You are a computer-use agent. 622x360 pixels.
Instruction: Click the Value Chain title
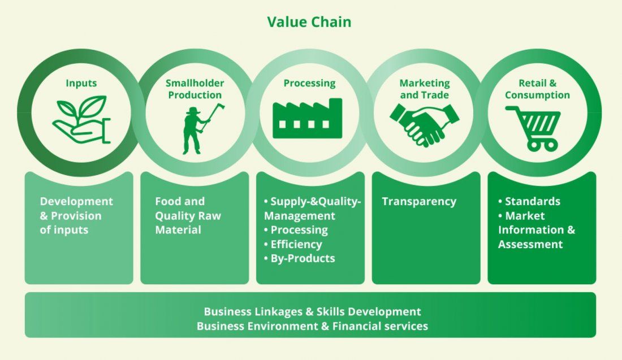309,22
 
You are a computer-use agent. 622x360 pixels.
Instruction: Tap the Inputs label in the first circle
81,83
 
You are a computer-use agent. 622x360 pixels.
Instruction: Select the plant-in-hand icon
81,120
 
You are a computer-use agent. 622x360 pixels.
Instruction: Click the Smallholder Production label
194,89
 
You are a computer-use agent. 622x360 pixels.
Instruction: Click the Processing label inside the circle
309,83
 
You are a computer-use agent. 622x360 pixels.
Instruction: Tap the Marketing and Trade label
425,89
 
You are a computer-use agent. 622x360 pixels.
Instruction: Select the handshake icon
424,123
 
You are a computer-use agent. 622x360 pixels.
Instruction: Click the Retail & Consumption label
537,89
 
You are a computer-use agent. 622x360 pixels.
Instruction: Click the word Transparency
418,201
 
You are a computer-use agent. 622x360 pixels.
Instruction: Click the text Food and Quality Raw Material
188,215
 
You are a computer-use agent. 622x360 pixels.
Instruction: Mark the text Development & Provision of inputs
76,215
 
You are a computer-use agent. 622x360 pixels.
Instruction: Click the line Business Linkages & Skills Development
312,311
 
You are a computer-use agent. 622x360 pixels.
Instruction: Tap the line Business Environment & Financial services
312,326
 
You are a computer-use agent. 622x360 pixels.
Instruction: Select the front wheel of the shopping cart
533,146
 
